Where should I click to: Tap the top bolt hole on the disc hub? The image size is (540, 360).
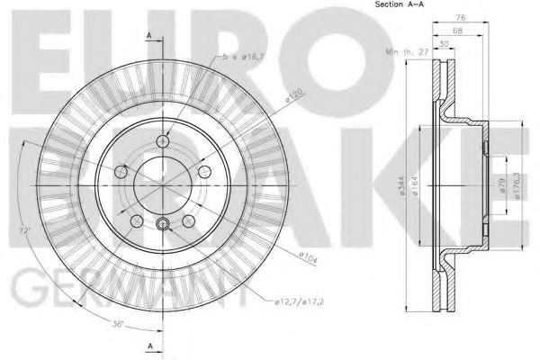163,139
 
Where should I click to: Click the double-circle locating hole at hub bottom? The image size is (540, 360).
163,225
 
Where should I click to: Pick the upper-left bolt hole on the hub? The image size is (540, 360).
122,169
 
